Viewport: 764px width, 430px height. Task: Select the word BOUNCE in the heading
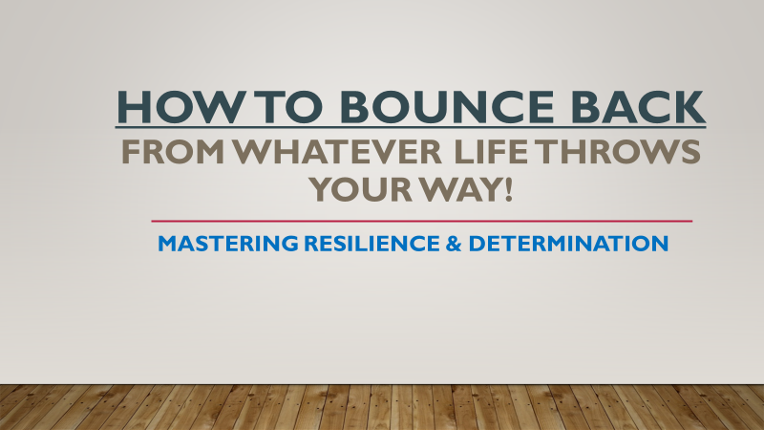coord(447,107)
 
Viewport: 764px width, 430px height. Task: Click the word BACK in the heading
coord(638,107)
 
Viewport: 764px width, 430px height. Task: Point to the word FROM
coord(173,151)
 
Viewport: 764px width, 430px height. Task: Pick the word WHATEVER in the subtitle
coord(337,151)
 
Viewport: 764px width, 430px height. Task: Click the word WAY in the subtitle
coord(459,189)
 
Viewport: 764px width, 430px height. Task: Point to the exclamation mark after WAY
coord(508,189)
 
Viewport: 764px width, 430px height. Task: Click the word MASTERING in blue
coord(228,244)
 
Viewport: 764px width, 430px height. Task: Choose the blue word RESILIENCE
coord(371,244)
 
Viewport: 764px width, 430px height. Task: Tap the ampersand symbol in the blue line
coord(453,244)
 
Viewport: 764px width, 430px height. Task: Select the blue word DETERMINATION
coord(568,244)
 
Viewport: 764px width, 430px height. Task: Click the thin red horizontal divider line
coord(421,221)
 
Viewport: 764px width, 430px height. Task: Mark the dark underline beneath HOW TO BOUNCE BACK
coord(411,127)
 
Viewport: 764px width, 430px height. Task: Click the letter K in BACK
coord(690,107)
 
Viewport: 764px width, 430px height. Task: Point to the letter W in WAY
coord(438,189)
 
